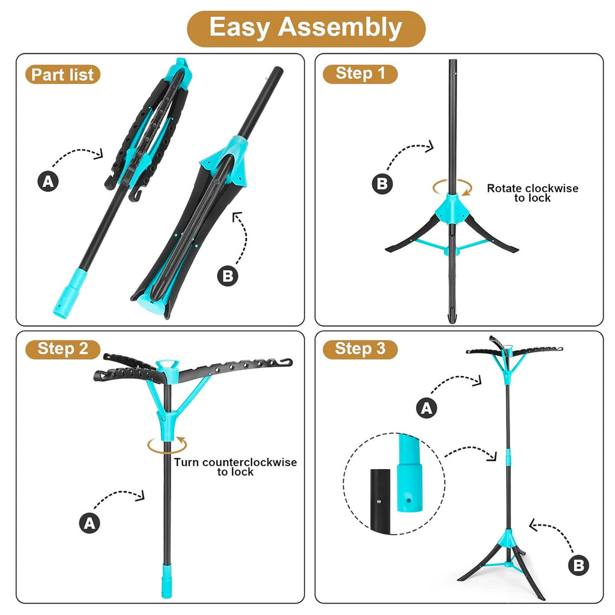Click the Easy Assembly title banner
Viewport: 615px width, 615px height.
[306, 29]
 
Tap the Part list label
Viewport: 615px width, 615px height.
[62, 74]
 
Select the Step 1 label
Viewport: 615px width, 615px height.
[360, 74]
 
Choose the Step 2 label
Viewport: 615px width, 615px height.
[62, 349]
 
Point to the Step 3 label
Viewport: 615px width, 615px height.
[360, 349]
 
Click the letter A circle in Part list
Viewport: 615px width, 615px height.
[48, 181]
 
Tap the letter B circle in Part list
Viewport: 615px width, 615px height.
[228, 276]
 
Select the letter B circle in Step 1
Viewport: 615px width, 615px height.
[382, 184]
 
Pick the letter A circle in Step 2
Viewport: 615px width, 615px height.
[89, 523]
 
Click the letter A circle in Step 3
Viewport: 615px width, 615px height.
[426, 408]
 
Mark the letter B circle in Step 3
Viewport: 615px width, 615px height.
[578, 565]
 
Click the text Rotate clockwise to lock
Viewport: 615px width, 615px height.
[533, 193]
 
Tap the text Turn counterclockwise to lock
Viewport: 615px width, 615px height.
[235, 467]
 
